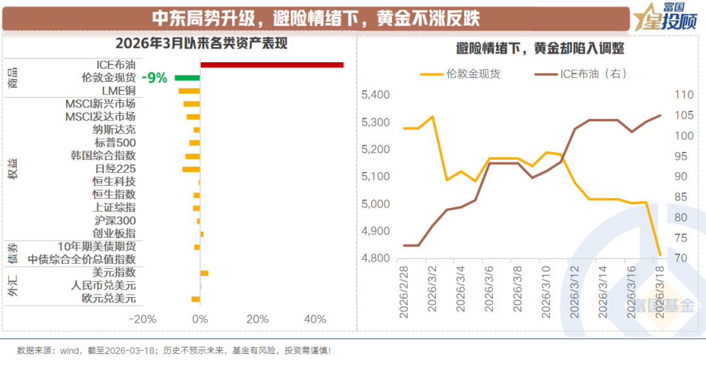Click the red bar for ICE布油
[x=271, y=65]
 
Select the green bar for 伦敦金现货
[x=187, y=78]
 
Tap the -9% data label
[x=156, y=78]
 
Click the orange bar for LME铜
[x=189, y=91]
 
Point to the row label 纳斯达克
[x=114, y=130]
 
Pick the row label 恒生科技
[x=114, y=181]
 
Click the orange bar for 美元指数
[x=204, y=273]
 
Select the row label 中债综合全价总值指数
[x=82, y=259]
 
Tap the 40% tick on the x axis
[x=315, y=319]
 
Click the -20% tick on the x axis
[x=143, y=319]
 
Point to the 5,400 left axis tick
[x=375, y=96]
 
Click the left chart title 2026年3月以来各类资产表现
[x=201, y=44]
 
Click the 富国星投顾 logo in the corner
[x=664, y=18]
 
